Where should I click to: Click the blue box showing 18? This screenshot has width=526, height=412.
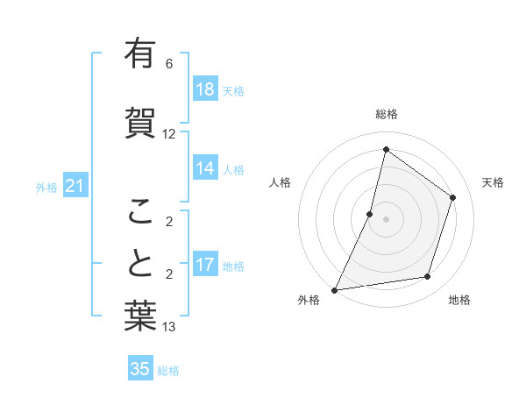(205, 89)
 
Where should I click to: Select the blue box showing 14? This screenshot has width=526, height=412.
(205, 169)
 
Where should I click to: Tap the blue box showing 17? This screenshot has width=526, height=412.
(205, 266)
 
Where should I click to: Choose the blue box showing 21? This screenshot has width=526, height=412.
(75, 187)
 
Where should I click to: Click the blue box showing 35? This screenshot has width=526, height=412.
(140, 369)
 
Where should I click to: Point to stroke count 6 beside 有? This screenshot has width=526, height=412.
(169, 64)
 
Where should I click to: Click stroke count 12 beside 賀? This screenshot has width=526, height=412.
(169, 134)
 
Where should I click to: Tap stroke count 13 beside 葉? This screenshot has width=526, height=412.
(169, 327)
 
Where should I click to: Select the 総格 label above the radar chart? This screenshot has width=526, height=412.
(386, 114)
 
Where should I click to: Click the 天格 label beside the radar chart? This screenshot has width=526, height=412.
(493, 182)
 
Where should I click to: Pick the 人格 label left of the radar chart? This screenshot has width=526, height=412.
(281, 182)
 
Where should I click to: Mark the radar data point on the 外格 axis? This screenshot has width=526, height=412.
(334, 289)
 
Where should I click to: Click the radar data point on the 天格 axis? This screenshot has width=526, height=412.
(453, 197)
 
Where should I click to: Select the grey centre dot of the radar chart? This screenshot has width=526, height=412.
(386, 219)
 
